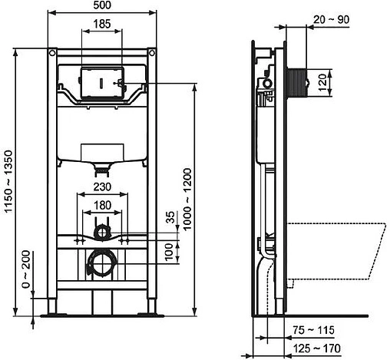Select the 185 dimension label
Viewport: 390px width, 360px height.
100,25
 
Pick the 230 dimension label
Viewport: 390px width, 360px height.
99,187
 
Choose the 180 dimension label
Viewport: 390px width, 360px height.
99,205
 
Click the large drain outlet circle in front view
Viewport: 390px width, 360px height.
99,265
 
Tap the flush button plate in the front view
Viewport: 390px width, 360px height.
100,81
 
